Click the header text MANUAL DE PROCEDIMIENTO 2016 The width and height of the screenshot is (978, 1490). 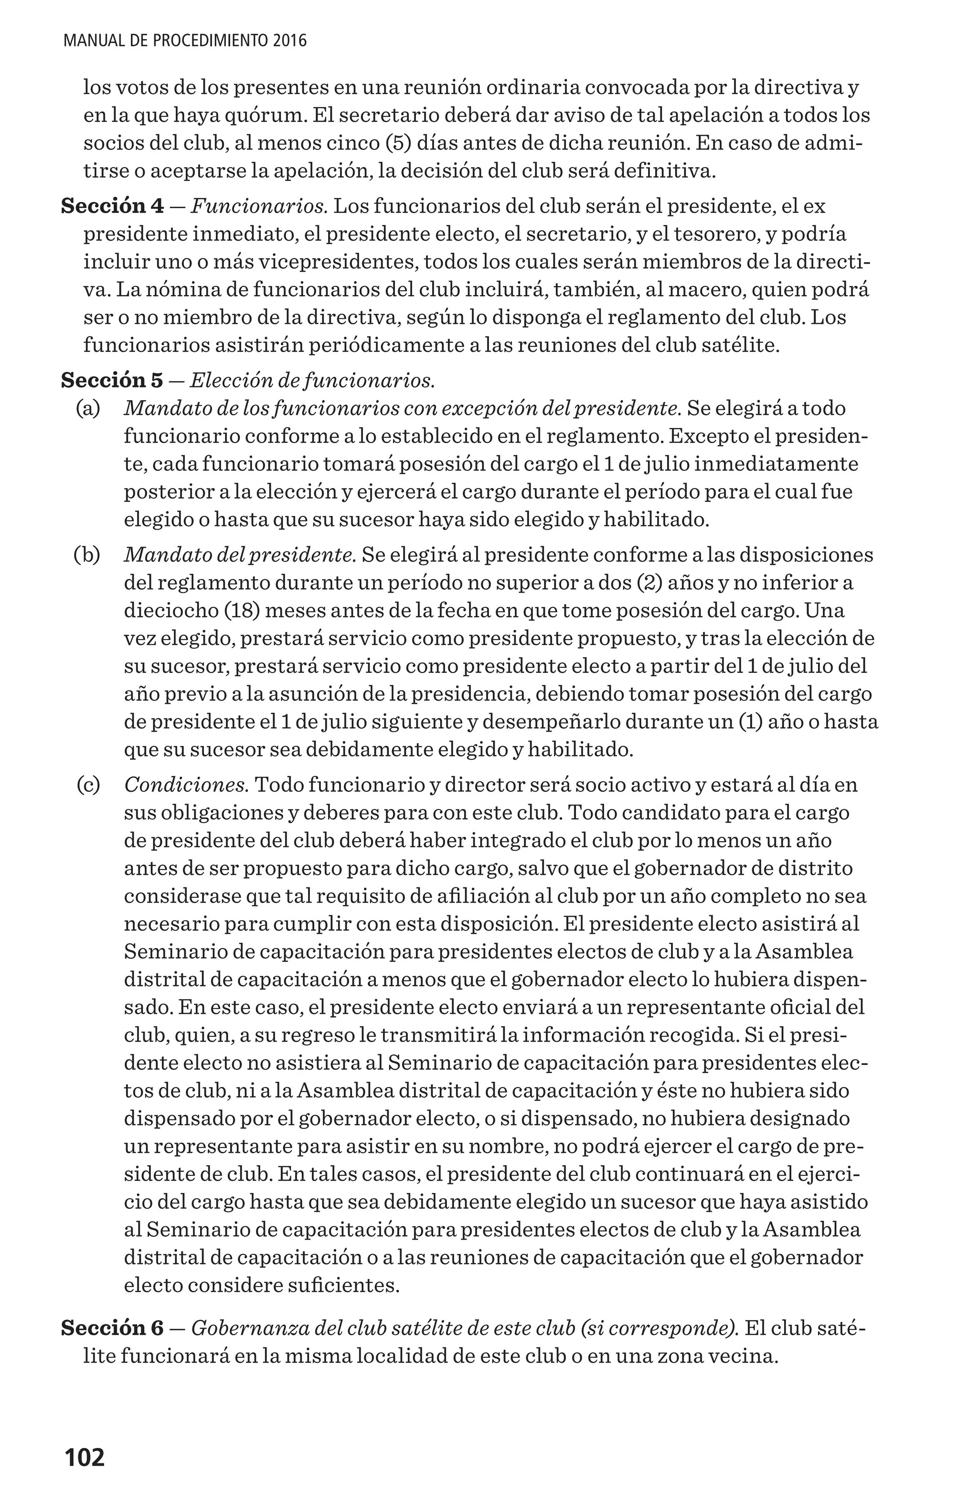point(185,42)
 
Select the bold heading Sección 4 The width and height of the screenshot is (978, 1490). point(112,206)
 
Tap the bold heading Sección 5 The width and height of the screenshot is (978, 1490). point(112,380)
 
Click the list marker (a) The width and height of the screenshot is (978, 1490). point(88,408)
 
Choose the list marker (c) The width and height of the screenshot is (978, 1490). point(88,785)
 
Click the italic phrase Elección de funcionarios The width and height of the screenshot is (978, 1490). point(312,380)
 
